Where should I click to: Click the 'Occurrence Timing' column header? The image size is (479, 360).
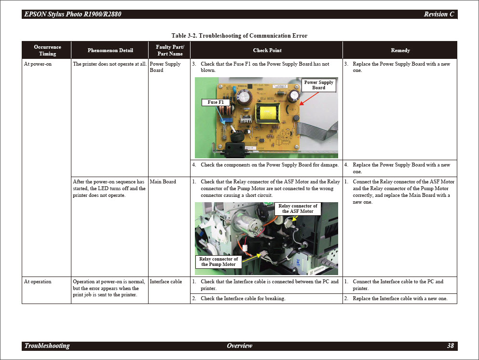pos(47,50)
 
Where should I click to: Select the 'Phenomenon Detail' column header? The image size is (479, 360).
pos(110,50)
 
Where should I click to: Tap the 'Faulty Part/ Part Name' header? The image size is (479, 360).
pos(170,50)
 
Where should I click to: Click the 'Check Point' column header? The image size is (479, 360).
pos(267,50)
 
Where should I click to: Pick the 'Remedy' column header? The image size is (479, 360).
pos(400,50)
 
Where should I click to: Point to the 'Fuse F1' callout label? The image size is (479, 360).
pos(216,102)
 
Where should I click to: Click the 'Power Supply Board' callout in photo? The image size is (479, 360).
pos(318,85)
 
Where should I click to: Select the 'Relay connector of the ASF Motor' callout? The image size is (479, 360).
pos(298,208)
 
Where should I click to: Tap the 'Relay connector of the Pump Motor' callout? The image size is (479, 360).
pos(219,262)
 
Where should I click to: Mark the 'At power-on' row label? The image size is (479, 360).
pos(38,64)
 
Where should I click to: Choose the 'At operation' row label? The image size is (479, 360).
pos(38,281)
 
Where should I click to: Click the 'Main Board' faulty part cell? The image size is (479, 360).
pos(163,181)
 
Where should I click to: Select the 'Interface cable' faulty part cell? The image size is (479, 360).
pos(166,281)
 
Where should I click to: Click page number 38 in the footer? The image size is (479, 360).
pos(450,346)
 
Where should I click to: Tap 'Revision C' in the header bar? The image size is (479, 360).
pos(438,14)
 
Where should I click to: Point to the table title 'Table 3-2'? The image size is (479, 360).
pos(239,36)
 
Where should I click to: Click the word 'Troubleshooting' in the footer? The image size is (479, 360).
pos(47,346)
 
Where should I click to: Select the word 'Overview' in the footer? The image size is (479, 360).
pos(239,346)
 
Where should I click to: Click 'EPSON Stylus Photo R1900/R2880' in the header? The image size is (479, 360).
pos(73,14)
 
